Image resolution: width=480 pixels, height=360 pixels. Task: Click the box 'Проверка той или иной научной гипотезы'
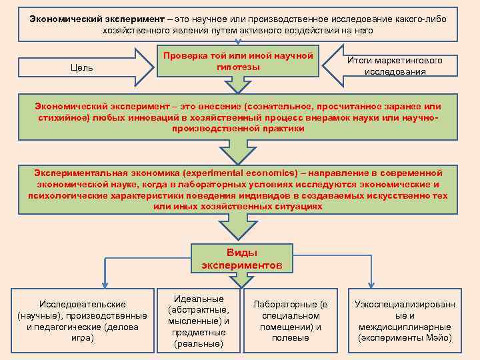pos(238,61)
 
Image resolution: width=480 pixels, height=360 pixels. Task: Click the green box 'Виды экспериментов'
pos(241,259)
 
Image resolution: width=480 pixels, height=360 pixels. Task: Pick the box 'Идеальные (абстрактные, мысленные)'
pos(198,321)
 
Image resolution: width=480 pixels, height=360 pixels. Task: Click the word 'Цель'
pos(81,68)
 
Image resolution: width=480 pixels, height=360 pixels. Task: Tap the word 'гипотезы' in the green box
pos(238,67)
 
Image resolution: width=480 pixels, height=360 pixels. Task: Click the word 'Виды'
pos(241,253)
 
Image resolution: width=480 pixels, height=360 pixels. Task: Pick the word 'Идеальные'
pos(198,299)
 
